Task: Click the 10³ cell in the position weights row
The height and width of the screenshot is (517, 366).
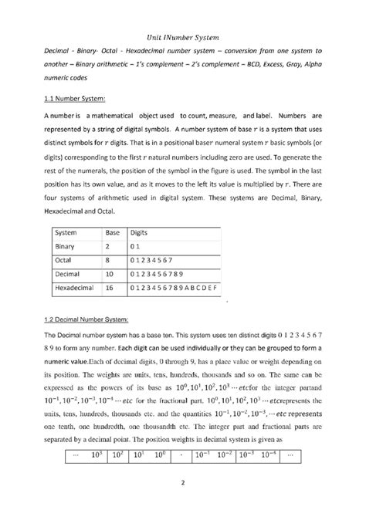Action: tap(97, 454)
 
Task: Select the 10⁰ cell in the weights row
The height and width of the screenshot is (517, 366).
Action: tap(159, 454)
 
